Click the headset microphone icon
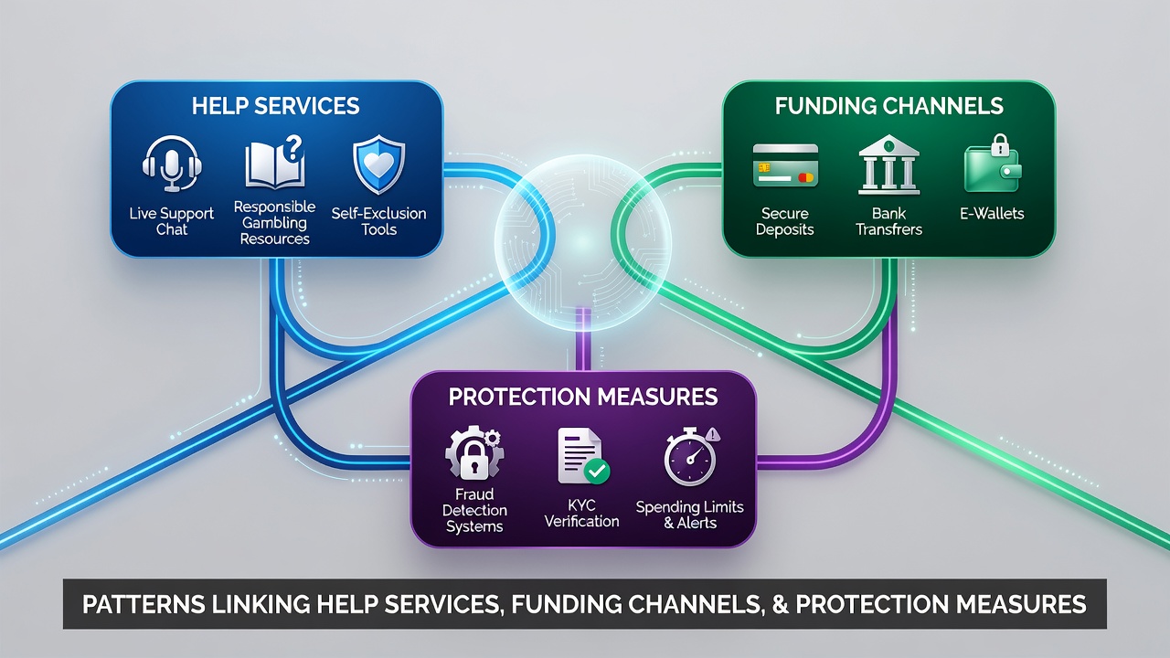point(172,164)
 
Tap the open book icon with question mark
point(275,162)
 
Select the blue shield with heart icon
point(379,164)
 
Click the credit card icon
point(785,165)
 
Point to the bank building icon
point(889,165)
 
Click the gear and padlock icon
point(474,452)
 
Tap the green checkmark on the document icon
point(597,471)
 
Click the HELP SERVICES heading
point(276,106)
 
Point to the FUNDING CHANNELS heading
point(889,106)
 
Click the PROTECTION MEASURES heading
point(583,397)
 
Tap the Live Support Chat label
point(171,221)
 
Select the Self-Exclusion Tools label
point(378,221)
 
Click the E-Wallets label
point(992,213)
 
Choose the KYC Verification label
point(582,514)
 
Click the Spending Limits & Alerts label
point(689,515)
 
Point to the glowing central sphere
point(583,243)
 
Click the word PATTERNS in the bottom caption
point(144,604)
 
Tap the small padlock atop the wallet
point(1000,144)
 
